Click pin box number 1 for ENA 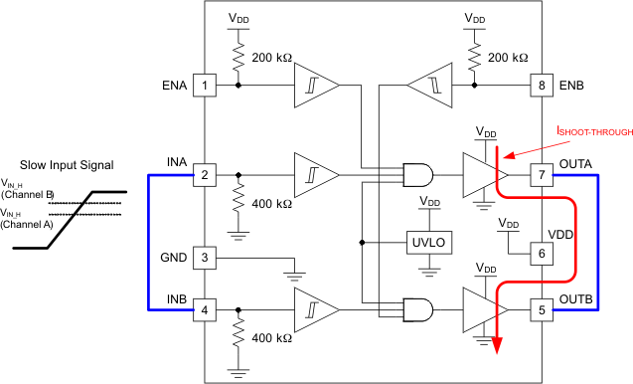204,86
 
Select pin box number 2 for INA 204,175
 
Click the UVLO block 428,241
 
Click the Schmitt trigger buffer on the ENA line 314,86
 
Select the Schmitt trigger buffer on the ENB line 429,86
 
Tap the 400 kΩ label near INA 270,204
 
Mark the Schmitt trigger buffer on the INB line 314,309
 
